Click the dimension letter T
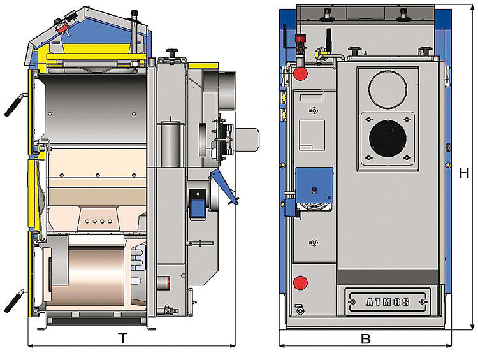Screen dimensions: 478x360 click(x=122, y=338)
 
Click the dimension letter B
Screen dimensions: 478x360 click(x=366, y=339)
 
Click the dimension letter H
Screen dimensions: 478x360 click(x=464, y=173)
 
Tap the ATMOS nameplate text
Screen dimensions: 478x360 click(x=387, y=302)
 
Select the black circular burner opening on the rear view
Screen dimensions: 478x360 click(x=387, y=138)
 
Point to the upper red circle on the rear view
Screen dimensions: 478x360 click(x=301, y=74)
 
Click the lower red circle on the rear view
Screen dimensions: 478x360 click(x=301, y=283)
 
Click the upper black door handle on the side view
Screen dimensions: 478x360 click(x=14, y=105)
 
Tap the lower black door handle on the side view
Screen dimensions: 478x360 click(x=14, y=301)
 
